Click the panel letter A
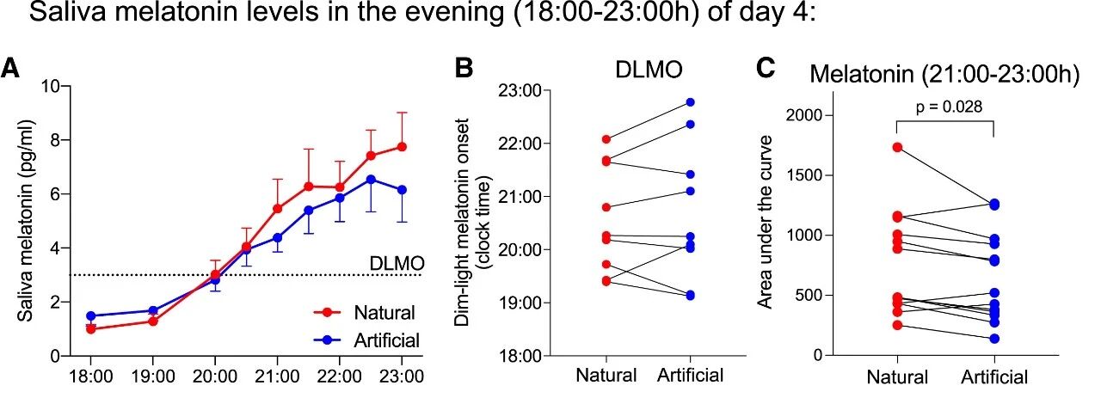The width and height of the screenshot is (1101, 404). pos(12,68)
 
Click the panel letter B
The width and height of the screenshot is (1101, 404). pos(465,68)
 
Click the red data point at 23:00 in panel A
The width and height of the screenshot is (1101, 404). pos(402,147)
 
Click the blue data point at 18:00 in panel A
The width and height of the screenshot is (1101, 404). pos(90,315)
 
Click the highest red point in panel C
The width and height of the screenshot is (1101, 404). pos(898,147)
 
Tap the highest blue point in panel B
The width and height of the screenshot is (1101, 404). pos(691,102)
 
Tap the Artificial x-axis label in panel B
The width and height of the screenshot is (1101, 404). pos(691,376)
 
